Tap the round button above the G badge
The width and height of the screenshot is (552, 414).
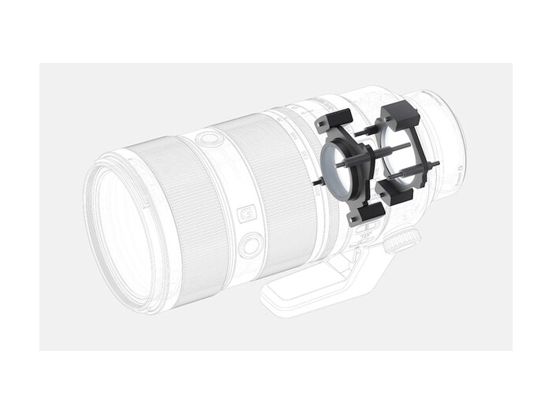click(209, 140)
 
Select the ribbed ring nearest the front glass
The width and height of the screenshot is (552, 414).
click(170, 213)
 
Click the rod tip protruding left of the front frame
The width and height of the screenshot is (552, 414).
click(315, 182)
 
